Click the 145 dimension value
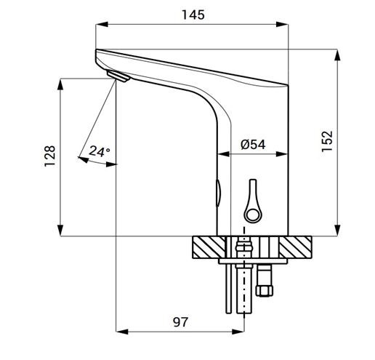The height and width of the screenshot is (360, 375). pyautogui.click(x=193, y=15)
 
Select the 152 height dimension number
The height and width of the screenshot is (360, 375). pyautogui.click(x=327, y=141)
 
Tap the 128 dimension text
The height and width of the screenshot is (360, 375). pyautogui.click(x=50, y=156)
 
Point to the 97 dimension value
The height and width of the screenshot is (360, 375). pyautogui.click(x=180, y=322)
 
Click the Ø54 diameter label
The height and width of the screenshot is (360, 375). pyautogui.click(x=253, y=145)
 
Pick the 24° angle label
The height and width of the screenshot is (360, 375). pyautogui.click(x=100, y=151)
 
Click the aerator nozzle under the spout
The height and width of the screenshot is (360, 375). pyautogui.click(x=118, y=76)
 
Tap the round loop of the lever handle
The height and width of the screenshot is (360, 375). pyautogui.click(x=253, y=214)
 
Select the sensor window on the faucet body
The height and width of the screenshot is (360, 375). pyautogui.click(x=218, y=193)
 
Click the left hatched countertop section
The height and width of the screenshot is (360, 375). pyautogui.click(x=209, y=247)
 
